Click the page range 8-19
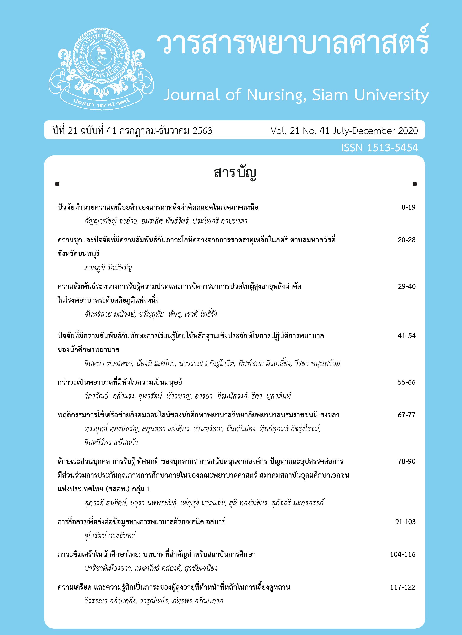(408, 207)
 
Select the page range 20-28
(406, 240)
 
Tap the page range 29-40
(407, 286)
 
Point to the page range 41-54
(407, 336)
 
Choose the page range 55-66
(407, 382)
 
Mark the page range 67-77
(406, 415)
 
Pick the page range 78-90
(406, 461)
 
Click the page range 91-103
(405, 522)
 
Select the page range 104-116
(403, 554)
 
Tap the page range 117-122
(403, 587)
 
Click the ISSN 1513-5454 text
(379, 148)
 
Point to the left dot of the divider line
(57, 184)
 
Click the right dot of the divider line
(415, 184)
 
